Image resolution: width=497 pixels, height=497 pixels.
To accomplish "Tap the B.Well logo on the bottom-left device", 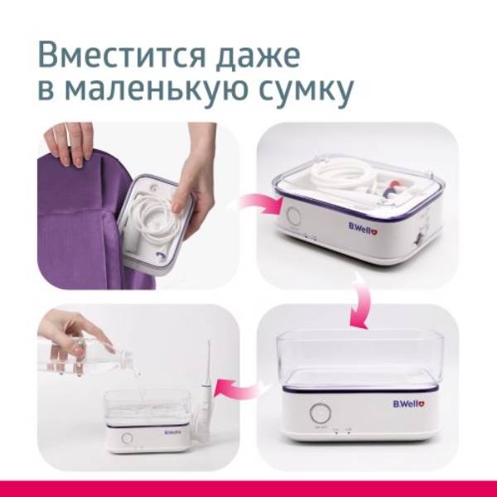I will point(173,432).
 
